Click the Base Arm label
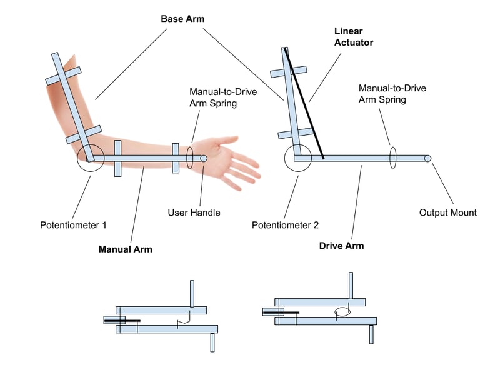182,19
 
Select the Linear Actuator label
354,37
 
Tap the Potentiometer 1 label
73,225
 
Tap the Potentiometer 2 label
285,225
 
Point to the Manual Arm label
125,249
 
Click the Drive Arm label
341,246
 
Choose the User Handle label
194,213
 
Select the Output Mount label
447,213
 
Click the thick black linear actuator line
304,103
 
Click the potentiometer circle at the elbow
77,158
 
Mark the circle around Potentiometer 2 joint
284,158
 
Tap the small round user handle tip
204,158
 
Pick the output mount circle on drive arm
428,158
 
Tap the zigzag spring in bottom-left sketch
184,321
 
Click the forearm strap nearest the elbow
117,158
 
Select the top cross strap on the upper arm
63,76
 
